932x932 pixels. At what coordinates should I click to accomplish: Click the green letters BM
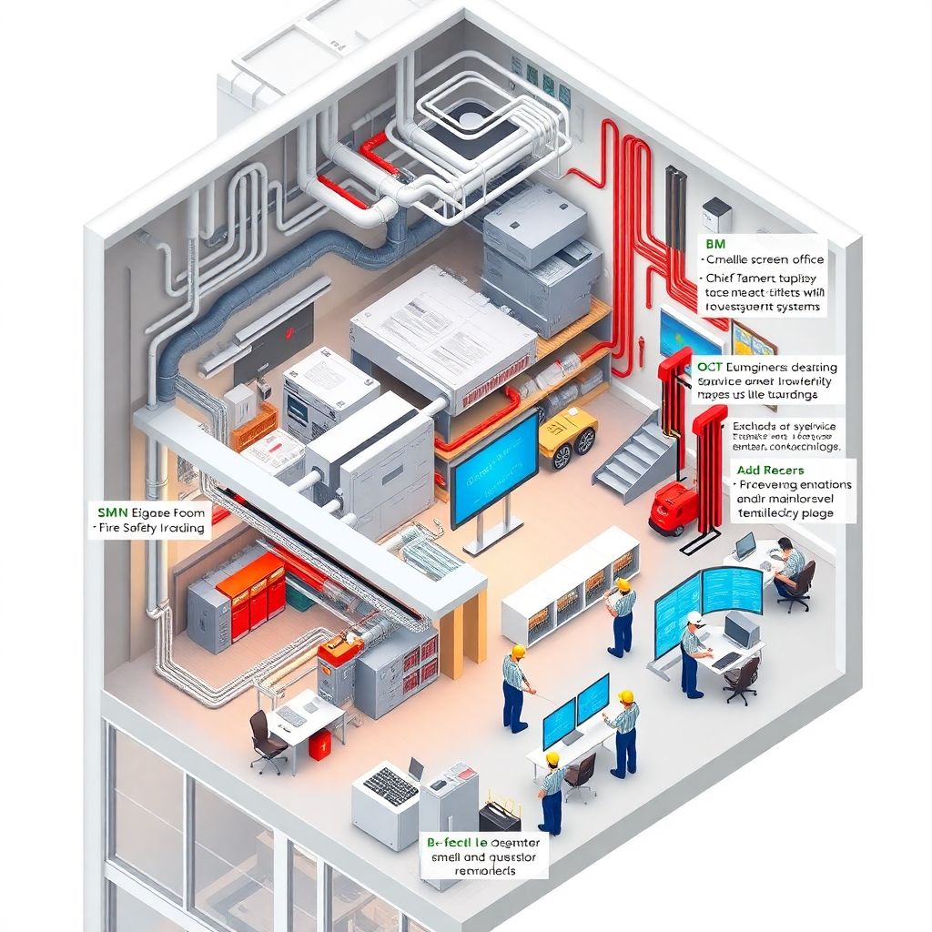(x=715, y=244)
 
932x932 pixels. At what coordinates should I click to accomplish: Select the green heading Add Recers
(x=770, y=470)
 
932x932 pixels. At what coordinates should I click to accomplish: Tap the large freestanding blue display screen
(x=493, y=469)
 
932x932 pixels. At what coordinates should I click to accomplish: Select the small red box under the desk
(x=319, y=745)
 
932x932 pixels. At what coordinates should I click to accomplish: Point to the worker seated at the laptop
(x=790, y=566)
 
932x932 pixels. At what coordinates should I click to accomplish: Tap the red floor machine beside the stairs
(x=671, y=508)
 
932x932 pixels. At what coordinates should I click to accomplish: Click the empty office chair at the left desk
(x=266, y=739)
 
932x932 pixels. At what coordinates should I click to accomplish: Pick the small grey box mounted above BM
(x=716, y=215)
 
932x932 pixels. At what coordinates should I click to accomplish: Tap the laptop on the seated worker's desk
(x=745, y=546)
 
